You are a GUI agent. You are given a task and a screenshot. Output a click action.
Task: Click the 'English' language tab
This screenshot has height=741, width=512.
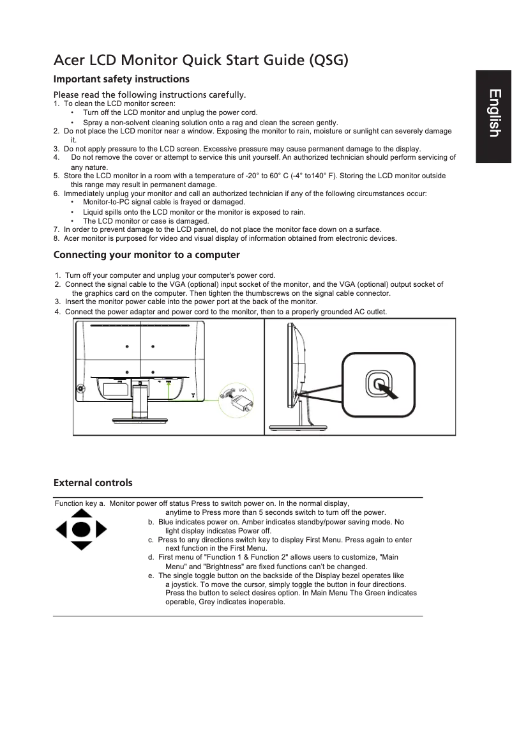(493, 114)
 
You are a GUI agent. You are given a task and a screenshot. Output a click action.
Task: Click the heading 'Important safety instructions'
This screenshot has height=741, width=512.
(121, 79)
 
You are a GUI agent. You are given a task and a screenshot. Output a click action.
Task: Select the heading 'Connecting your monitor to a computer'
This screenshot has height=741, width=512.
(146, 255)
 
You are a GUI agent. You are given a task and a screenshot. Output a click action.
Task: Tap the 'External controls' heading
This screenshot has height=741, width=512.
(93, 482)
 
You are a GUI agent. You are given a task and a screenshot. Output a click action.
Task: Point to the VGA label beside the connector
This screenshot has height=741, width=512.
(242, 390)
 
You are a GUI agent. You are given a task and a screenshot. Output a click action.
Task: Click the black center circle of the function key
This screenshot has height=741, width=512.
(80, 530)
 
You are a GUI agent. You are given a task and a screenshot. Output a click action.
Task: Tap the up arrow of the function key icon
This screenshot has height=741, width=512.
(80, 514)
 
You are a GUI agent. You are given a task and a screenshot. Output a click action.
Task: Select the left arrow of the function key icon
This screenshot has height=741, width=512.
(62, 530)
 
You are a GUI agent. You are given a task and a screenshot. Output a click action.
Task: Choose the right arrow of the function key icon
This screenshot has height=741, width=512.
(100, 530)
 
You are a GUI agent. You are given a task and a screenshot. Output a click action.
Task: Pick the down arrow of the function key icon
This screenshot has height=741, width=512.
(80, 546)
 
